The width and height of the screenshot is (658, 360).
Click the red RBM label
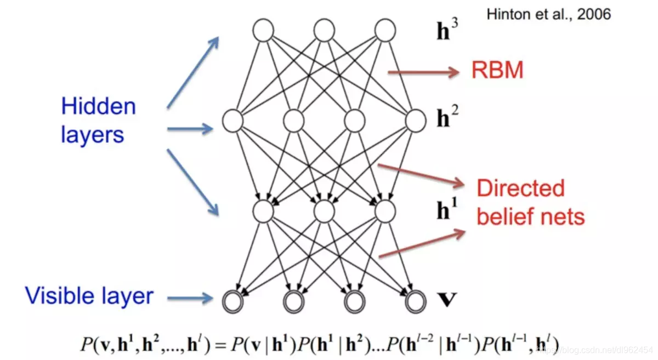point(497,70)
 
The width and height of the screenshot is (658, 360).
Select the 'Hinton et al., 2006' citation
point(548,14)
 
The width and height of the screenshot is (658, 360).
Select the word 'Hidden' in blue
point(98,106)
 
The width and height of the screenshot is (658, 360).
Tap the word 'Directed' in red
point(520,188)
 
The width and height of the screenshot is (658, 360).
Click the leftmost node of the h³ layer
point(263,30)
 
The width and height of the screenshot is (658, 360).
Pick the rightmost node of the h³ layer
point(385,30)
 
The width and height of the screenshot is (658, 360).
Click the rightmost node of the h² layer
point(415,119)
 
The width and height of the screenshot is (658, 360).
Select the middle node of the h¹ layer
point(324,210)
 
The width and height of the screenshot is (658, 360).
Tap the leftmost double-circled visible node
point(232,300)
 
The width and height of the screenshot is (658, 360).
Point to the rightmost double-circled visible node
point(415,300)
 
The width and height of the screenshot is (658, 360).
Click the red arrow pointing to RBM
point(422,71)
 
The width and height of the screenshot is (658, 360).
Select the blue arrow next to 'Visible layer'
point(189,298)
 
